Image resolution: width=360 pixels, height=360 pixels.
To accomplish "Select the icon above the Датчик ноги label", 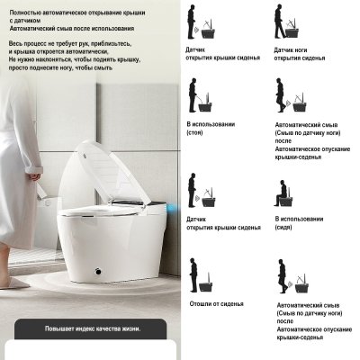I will pos(292,22).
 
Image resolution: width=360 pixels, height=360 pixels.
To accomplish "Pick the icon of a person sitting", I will pos(287,193).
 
